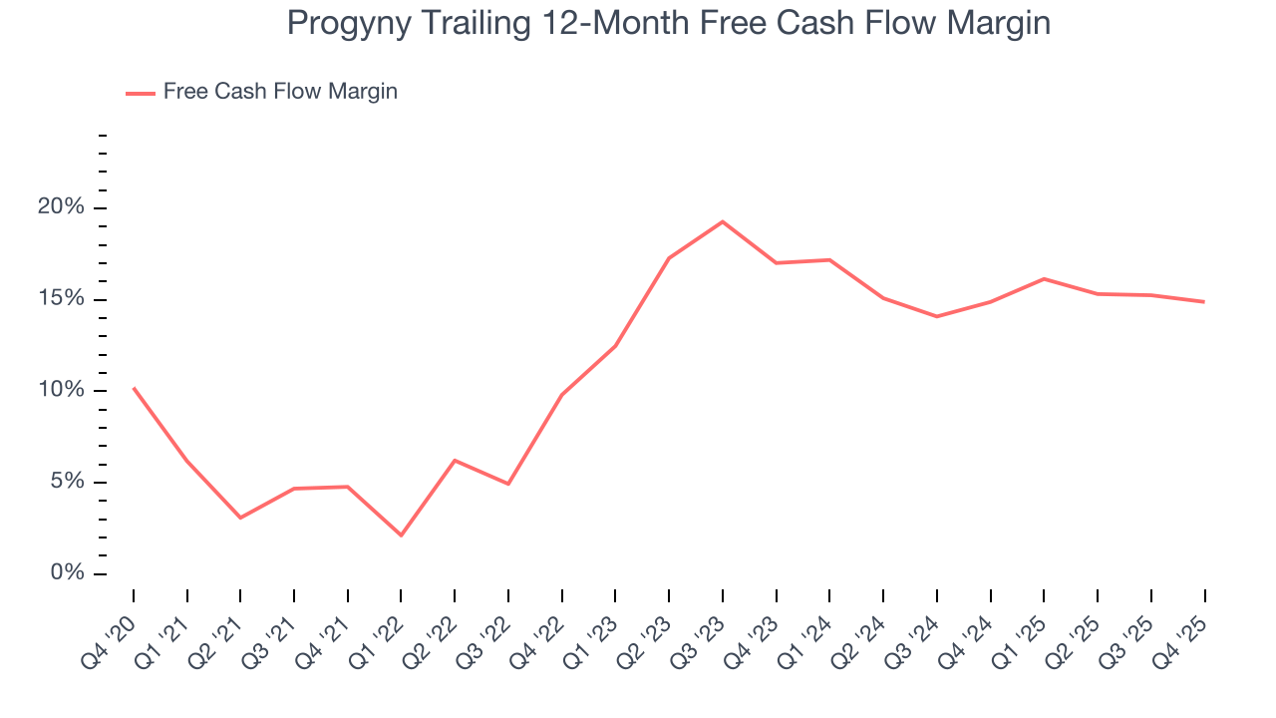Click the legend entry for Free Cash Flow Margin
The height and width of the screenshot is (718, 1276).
click(x=280, y=92)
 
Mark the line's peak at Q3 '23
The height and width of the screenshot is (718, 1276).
click(x=722, y=221)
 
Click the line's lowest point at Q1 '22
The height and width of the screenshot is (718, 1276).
click(x=401, y=536)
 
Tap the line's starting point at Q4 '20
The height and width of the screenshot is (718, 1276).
click(x=134, y=388)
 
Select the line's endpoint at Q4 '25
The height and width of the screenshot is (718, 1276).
click(x=1204, y=301)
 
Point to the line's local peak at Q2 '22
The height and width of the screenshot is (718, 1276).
click(x=455, y=461)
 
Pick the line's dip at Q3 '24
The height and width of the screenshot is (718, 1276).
click(x=937, y=316)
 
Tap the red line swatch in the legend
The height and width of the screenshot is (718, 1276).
click(x=140, y=93)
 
